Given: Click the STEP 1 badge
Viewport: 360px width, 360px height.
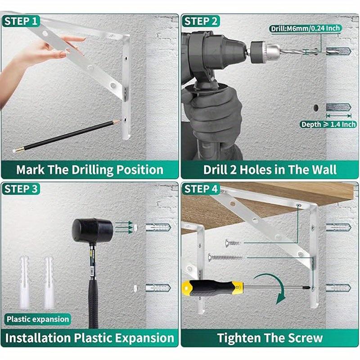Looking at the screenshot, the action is point(21,21).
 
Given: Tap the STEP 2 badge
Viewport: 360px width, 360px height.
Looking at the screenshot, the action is point(201,21).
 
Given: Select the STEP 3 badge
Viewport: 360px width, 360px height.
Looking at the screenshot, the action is point(21,189).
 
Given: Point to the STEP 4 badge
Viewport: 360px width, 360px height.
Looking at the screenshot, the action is point(201,189).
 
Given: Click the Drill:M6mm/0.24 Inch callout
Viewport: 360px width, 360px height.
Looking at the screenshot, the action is point(306,28).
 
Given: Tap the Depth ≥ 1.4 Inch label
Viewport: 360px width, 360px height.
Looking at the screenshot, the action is point(328,125).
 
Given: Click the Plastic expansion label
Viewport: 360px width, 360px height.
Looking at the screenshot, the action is point(38,319).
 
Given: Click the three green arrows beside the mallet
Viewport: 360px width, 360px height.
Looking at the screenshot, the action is point(124,227).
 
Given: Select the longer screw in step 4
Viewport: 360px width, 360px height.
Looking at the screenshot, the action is point(226,257).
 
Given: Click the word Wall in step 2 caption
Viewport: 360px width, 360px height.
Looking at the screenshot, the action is point(324,170).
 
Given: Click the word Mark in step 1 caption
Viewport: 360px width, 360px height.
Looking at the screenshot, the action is point(31,170).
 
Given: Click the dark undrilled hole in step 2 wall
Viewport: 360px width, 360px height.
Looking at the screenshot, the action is point(316,108).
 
